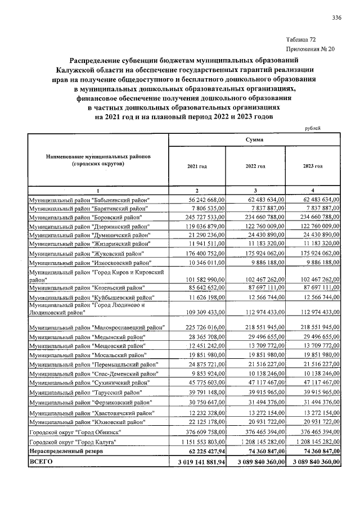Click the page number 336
pyautogui.click(x=336, y=18)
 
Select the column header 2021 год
pyautogui.click(x=197, y=166)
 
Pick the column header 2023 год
pyautogui.click(x=313, y=166)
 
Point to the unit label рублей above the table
pyautogui.click(x=313, y=128)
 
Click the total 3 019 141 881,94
pyautogui.click(x=198, y=461)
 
